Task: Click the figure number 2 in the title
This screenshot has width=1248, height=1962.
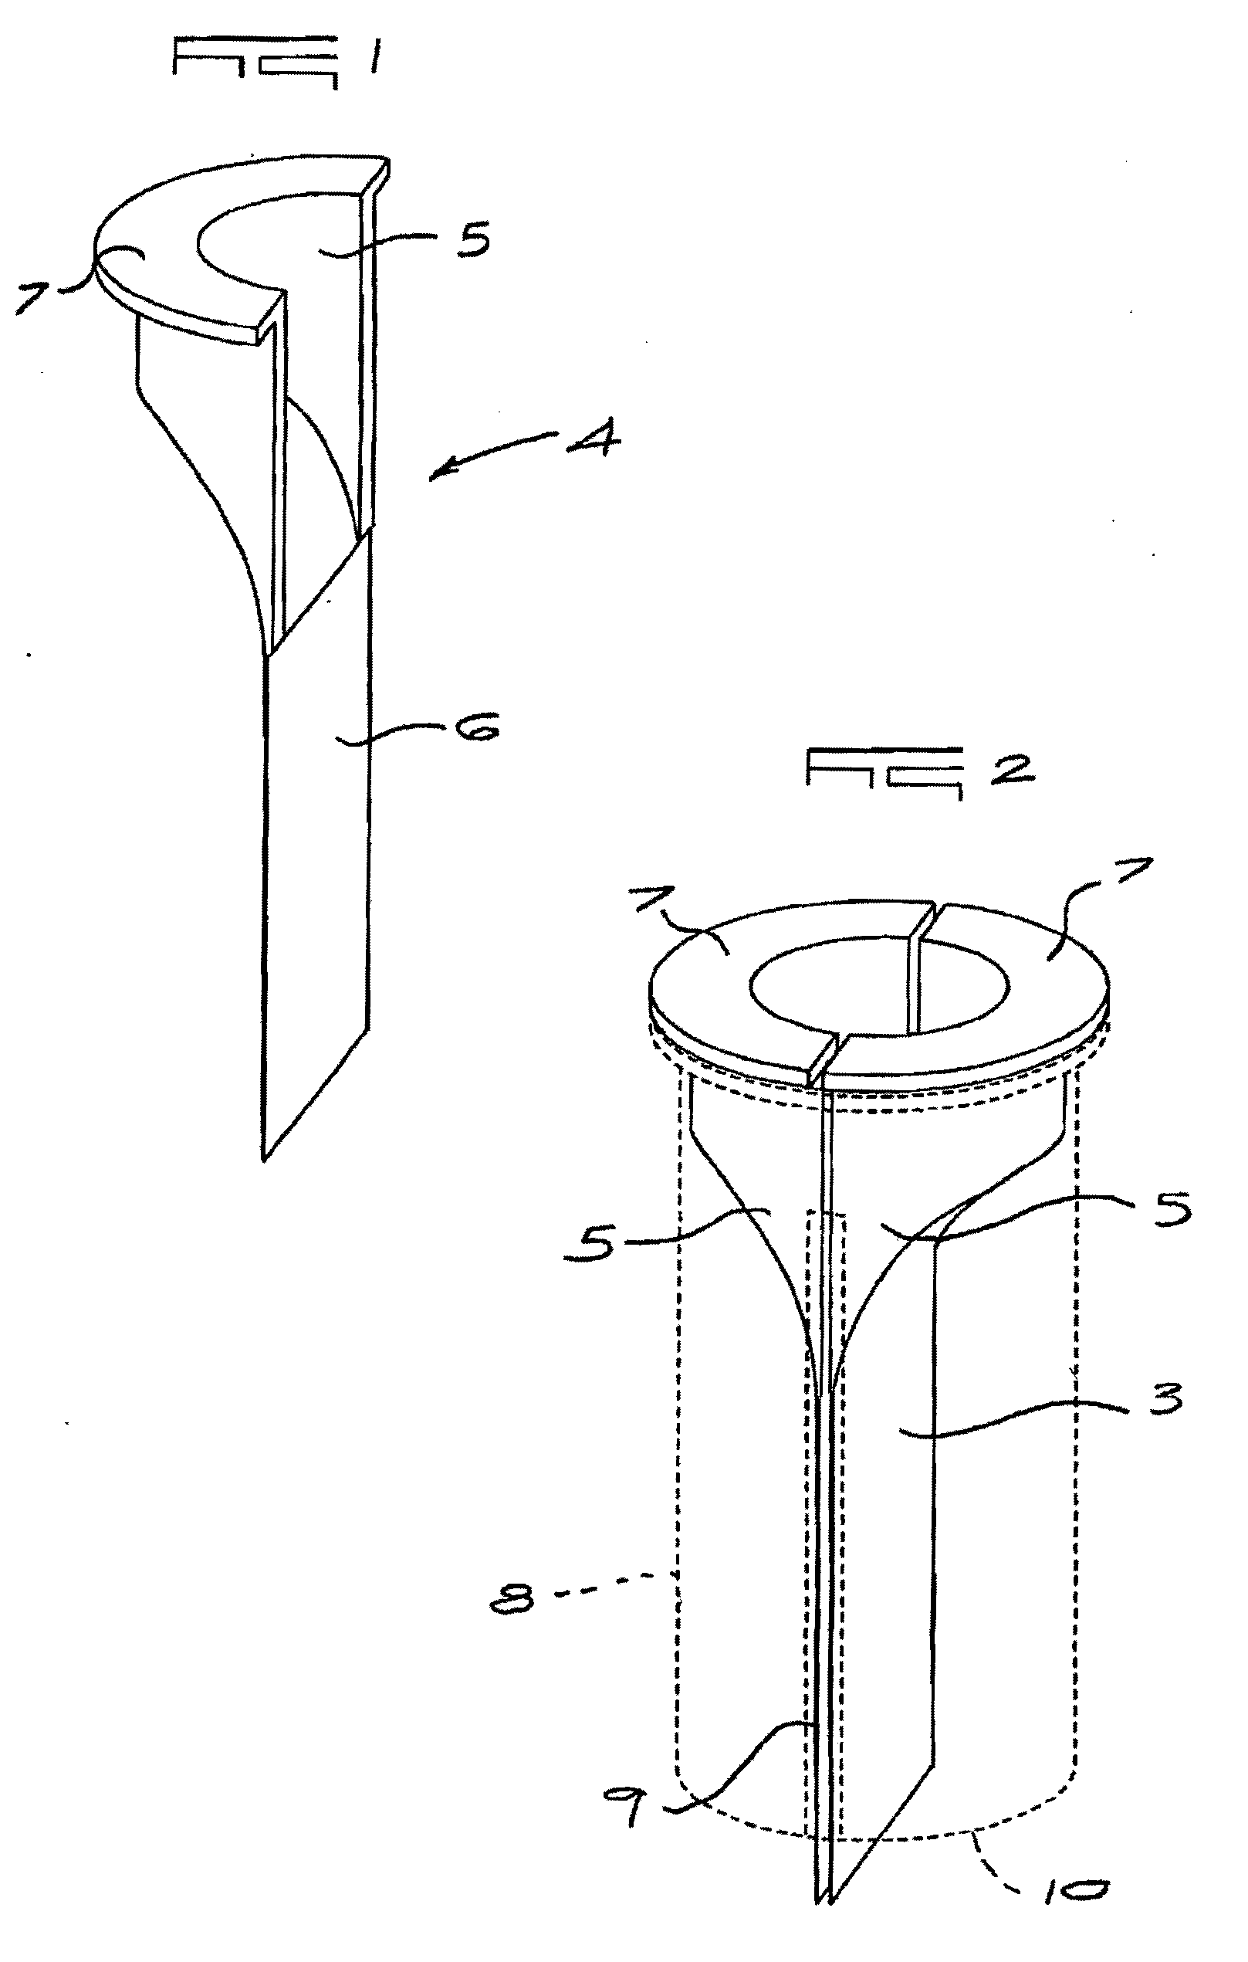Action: pos(1012,768)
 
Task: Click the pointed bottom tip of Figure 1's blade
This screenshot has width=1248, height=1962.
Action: pos(264,1157)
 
